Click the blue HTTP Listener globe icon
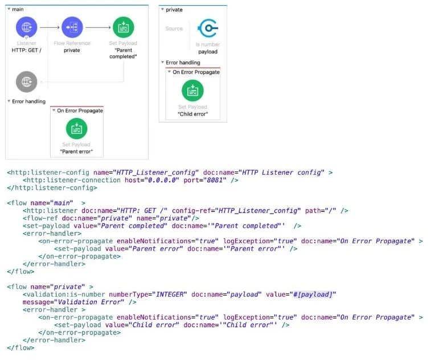(x=26, y=27)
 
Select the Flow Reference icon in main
(x=72, y=27)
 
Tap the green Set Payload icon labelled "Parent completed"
(x=123, y=27)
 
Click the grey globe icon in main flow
(x=26, y=81)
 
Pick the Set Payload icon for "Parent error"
(x=76, y=129)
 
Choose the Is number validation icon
(x=207, y=28)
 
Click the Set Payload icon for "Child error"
(x=192, y=91)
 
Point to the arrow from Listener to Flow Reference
(x=50, y=27)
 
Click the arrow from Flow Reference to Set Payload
(x=97, y=27)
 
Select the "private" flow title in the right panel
(x=174, y=10)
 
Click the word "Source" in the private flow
(x=174, y=28)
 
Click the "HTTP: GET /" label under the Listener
(x=26, y=50)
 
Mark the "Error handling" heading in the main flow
(x=28, y=101)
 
